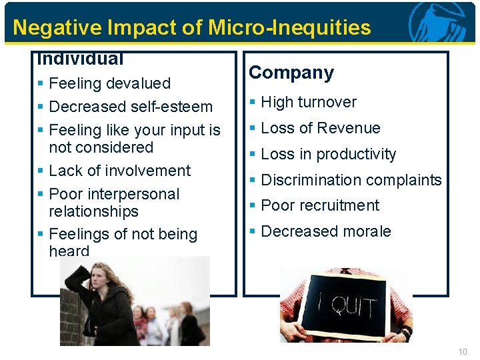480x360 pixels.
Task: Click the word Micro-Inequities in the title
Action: click(x=289, y=27)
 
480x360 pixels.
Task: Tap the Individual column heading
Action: click(x=81, y=59)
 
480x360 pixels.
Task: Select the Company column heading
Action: click(x=291, y=73)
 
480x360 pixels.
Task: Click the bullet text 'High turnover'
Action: click(x=309, y=102)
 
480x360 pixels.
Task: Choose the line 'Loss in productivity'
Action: click(x=329, y=154)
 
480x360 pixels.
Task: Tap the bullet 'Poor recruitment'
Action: click(x=320, y=205)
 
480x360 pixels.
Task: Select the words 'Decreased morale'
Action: click(x=326, y=231)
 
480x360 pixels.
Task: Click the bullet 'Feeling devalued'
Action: click(x=110, y=83)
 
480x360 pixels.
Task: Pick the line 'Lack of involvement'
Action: click(x=120, y=171)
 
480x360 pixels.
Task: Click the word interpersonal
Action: click(x=133, y=194)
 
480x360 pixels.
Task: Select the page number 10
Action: click(x=463, y=351)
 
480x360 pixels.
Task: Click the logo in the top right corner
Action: click(x=441, y=22)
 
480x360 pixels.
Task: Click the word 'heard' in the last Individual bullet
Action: click(x=69, y=251)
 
